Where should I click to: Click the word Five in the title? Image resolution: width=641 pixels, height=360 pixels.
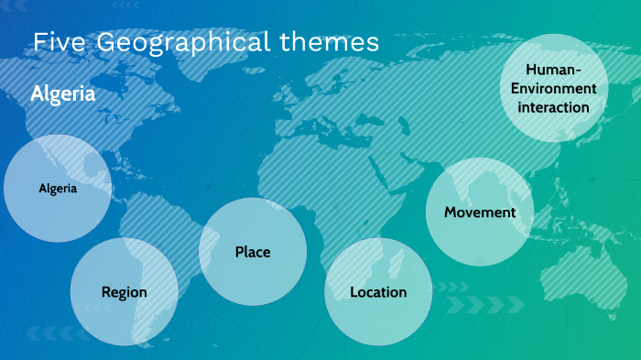[60, 42]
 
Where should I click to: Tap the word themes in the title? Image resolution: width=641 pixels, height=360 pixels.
[329, 42]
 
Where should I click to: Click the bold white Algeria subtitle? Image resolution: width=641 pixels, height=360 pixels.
[63, 93]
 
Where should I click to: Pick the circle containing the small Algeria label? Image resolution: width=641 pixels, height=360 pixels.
[58, 190]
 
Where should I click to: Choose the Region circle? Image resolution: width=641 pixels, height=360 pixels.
[124, 292]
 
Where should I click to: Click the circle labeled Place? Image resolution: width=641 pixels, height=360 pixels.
[253, 251]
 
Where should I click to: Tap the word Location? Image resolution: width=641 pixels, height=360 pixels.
[378, 292]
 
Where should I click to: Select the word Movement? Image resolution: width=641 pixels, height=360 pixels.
[480, 213]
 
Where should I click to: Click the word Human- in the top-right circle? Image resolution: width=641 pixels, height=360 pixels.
[554, 71]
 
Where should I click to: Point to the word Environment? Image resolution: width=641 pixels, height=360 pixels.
[554, 89]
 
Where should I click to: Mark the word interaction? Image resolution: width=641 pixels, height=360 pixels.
[554, 107]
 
